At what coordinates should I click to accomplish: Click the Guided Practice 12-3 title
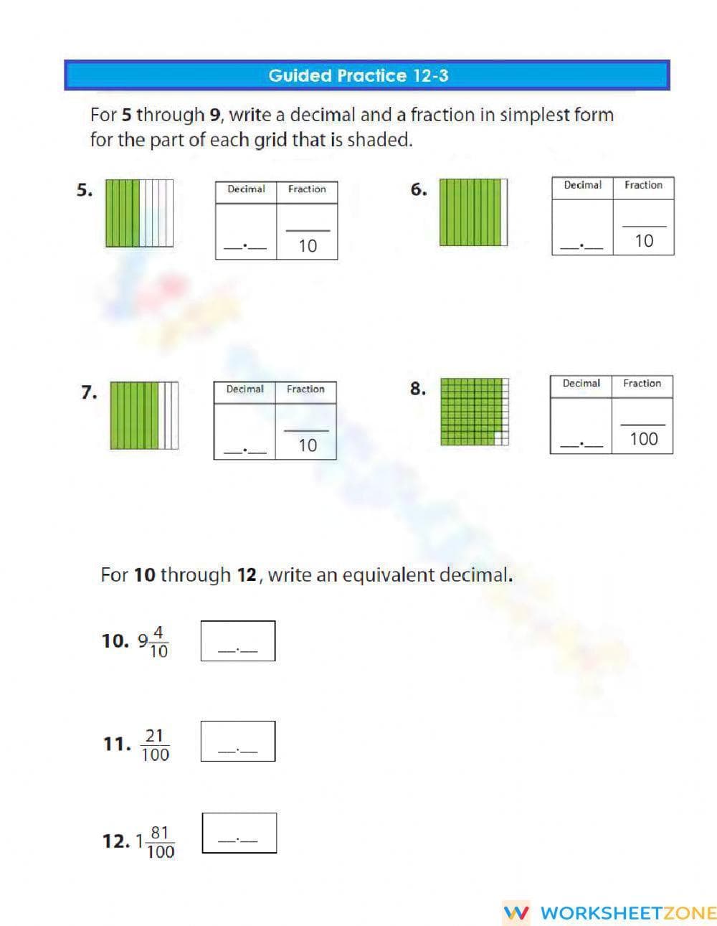tap(358, 75)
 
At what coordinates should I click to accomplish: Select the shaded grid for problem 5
tap(139, 213)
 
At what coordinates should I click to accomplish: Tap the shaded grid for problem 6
tap(473, 212)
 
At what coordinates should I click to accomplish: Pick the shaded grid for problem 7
tap(144, 415)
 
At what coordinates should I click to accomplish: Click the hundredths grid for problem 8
tap(474, 412)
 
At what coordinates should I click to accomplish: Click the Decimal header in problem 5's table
tap(246, 189)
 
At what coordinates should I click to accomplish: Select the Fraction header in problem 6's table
tap(643, 185)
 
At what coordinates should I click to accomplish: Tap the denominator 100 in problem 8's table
tap(643, 439)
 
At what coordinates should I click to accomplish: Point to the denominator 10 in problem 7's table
tap(307, 445)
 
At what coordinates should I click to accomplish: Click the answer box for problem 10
tap(238, 641)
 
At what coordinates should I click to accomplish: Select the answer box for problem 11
tap(238, 741)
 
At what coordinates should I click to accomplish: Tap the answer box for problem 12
tap(239, 833)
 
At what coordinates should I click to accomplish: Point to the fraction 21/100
tap(155, 745)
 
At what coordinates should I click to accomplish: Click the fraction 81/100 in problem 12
tap(160, 842)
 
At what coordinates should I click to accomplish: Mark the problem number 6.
tap(418, 189)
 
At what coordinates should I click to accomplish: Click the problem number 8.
tap(417, 389)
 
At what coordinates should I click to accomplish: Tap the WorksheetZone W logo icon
tap(516, 912)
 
